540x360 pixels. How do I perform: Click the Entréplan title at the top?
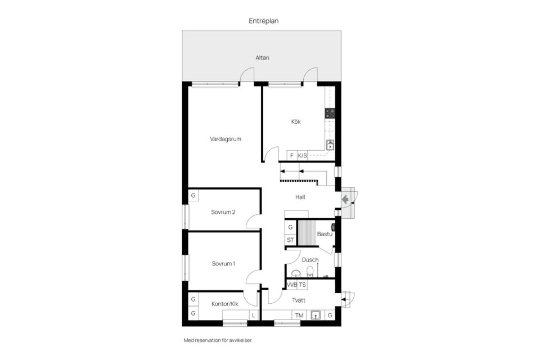pos(263,21)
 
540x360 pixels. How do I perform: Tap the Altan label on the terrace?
pos(262,58)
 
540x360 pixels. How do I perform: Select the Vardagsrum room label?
pos(226,139)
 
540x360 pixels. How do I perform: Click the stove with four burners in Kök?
pos(330,113)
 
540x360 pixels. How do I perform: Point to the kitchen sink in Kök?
pos(330,145)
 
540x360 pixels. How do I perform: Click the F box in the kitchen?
pos(292,156)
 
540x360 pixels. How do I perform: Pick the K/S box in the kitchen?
pos(303,156)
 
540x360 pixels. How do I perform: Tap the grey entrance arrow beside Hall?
pos(345,200)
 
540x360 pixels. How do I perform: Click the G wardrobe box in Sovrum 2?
pos(193,195)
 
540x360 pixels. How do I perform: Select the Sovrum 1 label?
pos(223,264)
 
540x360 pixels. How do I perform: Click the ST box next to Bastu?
pos(290,240)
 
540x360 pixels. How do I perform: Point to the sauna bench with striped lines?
pos(307,233)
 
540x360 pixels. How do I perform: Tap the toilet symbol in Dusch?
pos(310,272)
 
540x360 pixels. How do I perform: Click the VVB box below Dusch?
pos(292,285)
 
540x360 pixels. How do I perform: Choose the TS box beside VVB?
pos(303,285)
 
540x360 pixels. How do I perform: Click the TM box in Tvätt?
pos(299,315)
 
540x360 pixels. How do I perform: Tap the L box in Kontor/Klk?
pos(254,315)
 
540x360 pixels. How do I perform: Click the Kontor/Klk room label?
pos(224,304)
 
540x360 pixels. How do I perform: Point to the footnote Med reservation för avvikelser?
pos(218,340)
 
